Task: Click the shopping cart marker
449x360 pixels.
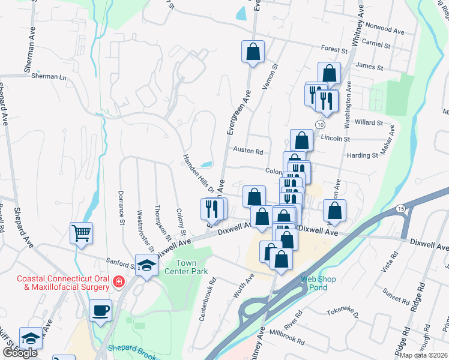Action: (81, 232)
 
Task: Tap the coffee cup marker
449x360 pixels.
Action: (100, 311)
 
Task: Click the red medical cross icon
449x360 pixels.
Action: (119, 281)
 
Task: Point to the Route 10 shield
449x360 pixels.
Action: (321, 124)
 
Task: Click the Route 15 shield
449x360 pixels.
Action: (401, 208)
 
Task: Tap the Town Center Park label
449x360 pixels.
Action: (194, 267)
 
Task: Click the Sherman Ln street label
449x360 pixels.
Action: (49, 77)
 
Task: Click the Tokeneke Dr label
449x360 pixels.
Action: (343, 312)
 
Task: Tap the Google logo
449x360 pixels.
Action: (20, 353)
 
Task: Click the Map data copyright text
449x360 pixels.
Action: (424, 355)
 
